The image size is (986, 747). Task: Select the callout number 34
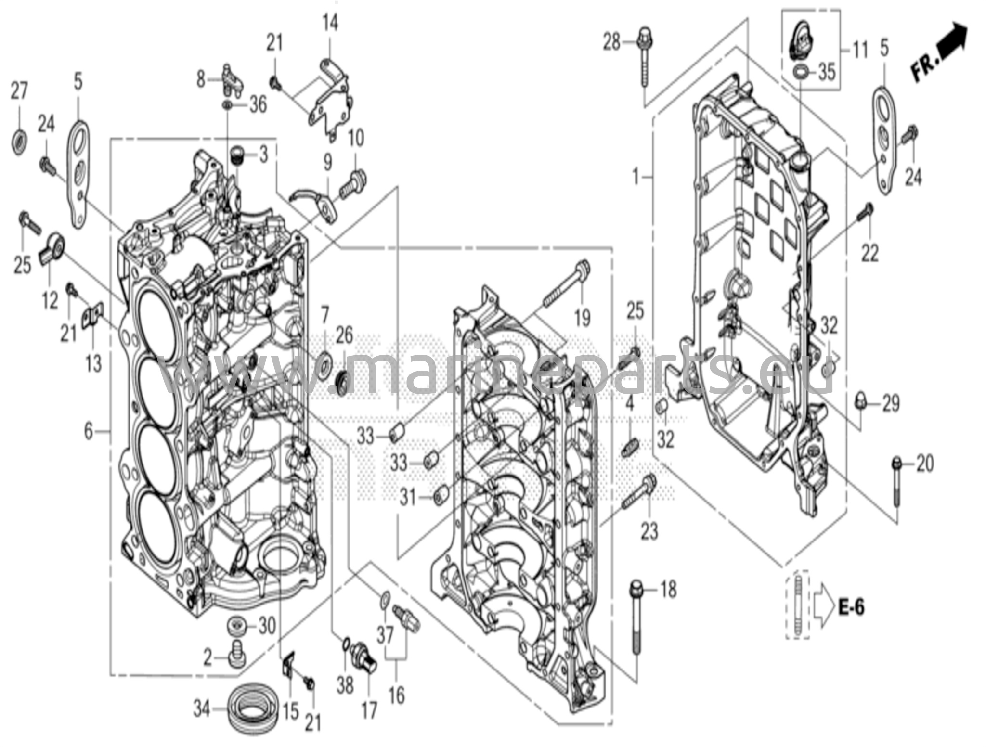pos(202,709)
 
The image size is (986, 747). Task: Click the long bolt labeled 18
pos(637,618)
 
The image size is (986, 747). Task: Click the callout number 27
pos(19,90)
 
